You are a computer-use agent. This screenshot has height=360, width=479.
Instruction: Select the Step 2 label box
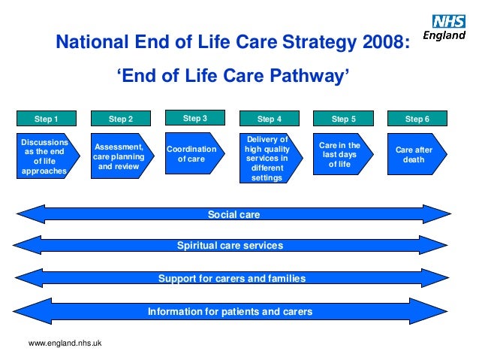[120, 119]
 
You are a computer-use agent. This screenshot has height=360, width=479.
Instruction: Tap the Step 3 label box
[194, 118]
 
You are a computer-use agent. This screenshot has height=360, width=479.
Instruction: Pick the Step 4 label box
[270, 119]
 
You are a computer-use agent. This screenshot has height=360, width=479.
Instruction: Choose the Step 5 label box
[343, 119]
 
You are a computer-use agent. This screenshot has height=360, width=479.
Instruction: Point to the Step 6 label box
[417, 119]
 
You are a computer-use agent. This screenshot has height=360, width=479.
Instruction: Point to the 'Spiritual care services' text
[230, 246]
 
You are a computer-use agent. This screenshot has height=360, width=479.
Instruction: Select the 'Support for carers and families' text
[232, 278]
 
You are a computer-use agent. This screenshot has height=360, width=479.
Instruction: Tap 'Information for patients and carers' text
[230, 311]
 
